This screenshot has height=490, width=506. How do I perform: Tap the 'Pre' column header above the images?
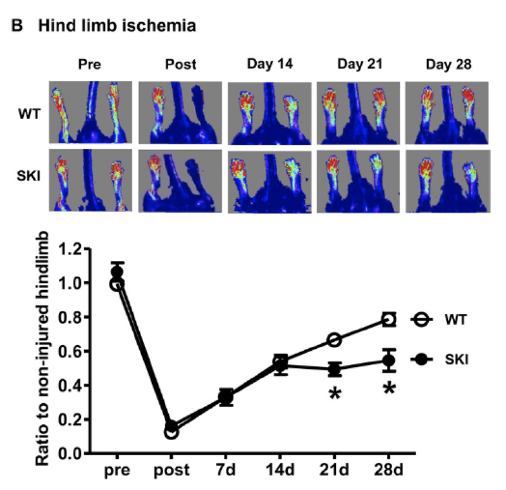[90, 65]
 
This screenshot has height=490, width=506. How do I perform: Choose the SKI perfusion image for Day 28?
[447, 180]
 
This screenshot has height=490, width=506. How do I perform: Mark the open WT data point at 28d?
[389, 320]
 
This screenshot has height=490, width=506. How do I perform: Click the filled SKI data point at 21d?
[335, 370]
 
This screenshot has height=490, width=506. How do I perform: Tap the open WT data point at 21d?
[335, 340]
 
